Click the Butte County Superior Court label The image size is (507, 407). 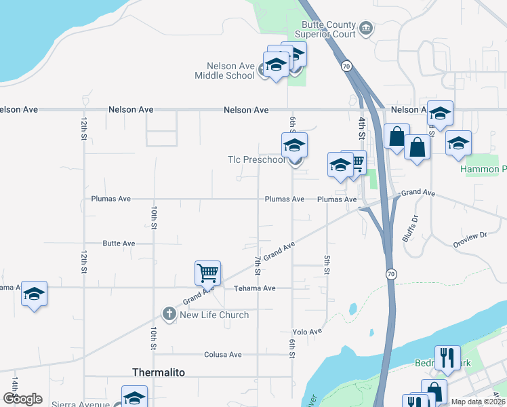pos(325,29)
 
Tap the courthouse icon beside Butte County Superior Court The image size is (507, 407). pos(366,28)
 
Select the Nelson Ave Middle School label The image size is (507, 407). pos(224,71)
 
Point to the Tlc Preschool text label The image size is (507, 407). pos(256,160)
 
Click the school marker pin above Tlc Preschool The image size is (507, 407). pos(294,145)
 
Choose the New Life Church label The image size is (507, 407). pos(214,315)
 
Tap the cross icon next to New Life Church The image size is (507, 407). pos(169,314)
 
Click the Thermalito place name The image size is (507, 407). pos(157,372)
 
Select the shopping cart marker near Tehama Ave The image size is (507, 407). pos(207,273)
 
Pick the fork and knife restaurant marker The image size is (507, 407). pos(447,358)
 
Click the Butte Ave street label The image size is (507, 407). pos(119,244)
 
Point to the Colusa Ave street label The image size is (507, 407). pos(223,355)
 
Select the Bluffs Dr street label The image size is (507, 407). pos(410,229)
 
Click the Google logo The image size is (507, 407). pos(22,399)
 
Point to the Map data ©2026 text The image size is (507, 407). pos(478,402)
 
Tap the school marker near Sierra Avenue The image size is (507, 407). pos(134,398)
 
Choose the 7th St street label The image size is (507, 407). pos(258,266)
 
